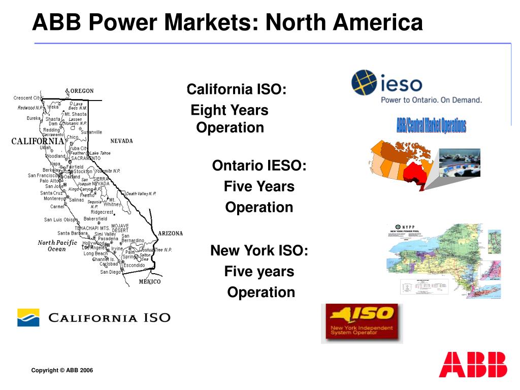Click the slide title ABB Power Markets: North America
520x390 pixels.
tap(227, 23)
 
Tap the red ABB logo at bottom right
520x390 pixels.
tap(473, 365)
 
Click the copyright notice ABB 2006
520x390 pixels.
tap(62, 371)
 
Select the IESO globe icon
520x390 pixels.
tap(365, 83)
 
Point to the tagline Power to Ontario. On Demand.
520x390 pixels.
tap(431, 100)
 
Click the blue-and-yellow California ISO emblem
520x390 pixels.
tap(28, 317)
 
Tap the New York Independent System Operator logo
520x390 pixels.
tap(362, 323)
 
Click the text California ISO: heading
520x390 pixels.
tap(236, 90)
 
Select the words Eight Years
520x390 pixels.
tap(230, 110)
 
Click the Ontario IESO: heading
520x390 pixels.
tap(259, 166)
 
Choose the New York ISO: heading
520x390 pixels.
tap(259, 250)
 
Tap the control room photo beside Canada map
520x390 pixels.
tap(459, 162)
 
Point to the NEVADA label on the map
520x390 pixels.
tap(121, 141)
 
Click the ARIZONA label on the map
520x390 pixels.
tap(170, 234)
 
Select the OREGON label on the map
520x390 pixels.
tap(82, 91)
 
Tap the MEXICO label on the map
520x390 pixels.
tap(150, 282)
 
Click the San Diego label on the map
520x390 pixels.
tap(110, 272)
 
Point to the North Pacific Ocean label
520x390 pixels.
tap(57, 246)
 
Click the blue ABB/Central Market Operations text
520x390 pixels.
tap(431, 125)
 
